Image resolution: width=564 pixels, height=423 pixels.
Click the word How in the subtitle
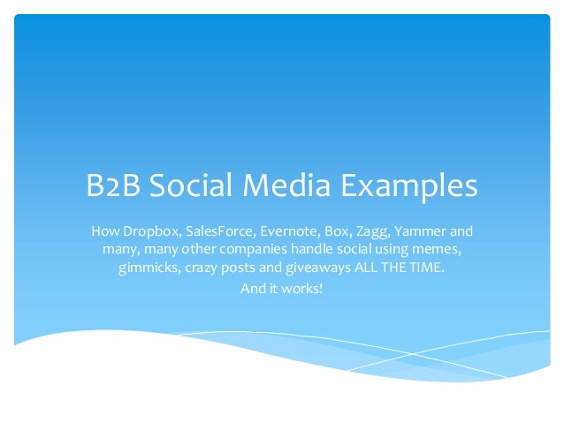pos(104,232)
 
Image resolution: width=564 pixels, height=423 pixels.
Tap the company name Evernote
pos(286,232)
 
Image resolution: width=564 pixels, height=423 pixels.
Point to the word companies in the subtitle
pos(242,251)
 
